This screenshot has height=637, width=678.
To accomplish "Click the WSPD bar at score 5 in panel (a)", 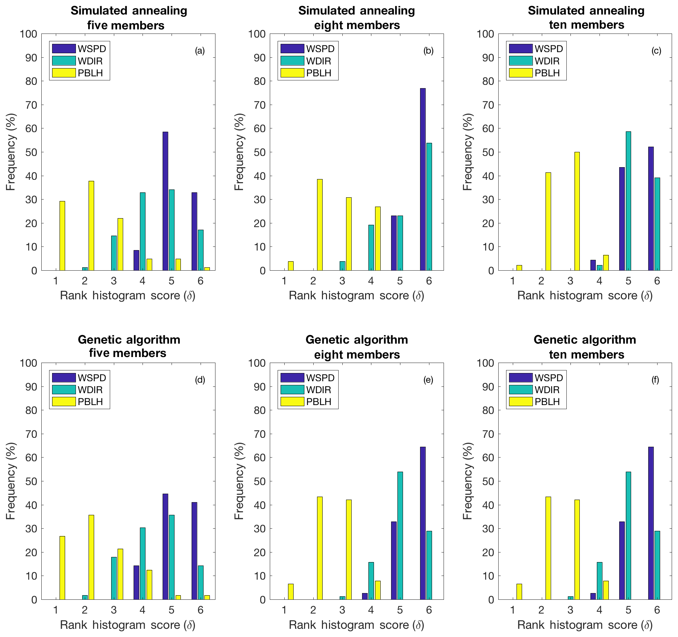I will tap(165, 201).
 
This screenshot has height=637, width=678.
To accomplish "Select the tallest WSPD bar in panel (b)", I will tap(423, 179).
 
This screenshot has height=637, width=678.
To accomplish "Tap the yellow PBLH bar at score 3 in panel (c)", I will tap(577, 211).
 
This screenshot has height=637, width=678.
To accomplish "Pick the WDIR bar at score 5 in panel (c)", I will tap(628, 201).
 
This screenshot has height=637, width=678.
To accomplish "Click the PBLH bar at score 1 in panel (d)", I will tap(62, 568).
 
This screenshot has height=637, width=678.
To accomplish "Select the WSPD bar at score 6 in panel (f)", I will tap(651, 523).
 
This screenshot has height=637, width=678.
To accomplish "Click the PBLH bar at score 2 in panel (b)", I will tap(319, 224).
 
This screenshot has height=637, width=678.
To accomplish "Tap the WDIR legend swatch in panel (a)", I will tap(64, 61).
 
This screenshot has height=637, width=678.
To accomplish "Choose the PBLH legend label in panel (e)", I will tap(319, 402).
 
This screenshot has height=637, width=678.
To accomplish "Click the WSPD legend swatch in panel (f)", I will tap(521, 378).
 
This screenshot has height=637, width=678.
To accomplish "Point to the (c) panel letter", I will tap(656, 51).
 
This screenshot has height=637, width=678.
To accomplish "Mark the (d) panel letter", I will tap(200, 380).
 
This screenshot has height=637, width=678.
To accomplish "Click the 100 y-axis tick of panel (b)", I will tap(257, 34).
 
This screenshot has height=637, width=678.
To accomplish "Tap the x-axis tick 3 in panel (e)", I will tap(342, 610).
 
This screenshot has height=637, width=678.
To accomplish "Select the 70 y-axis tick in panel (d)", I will tap(29, 434).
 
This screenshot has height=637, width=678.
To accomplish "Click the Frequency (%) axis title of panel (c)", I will tap(467, 152).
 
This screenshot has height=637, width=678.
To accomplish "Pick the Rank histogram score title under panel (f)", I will tap(585, 625).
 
